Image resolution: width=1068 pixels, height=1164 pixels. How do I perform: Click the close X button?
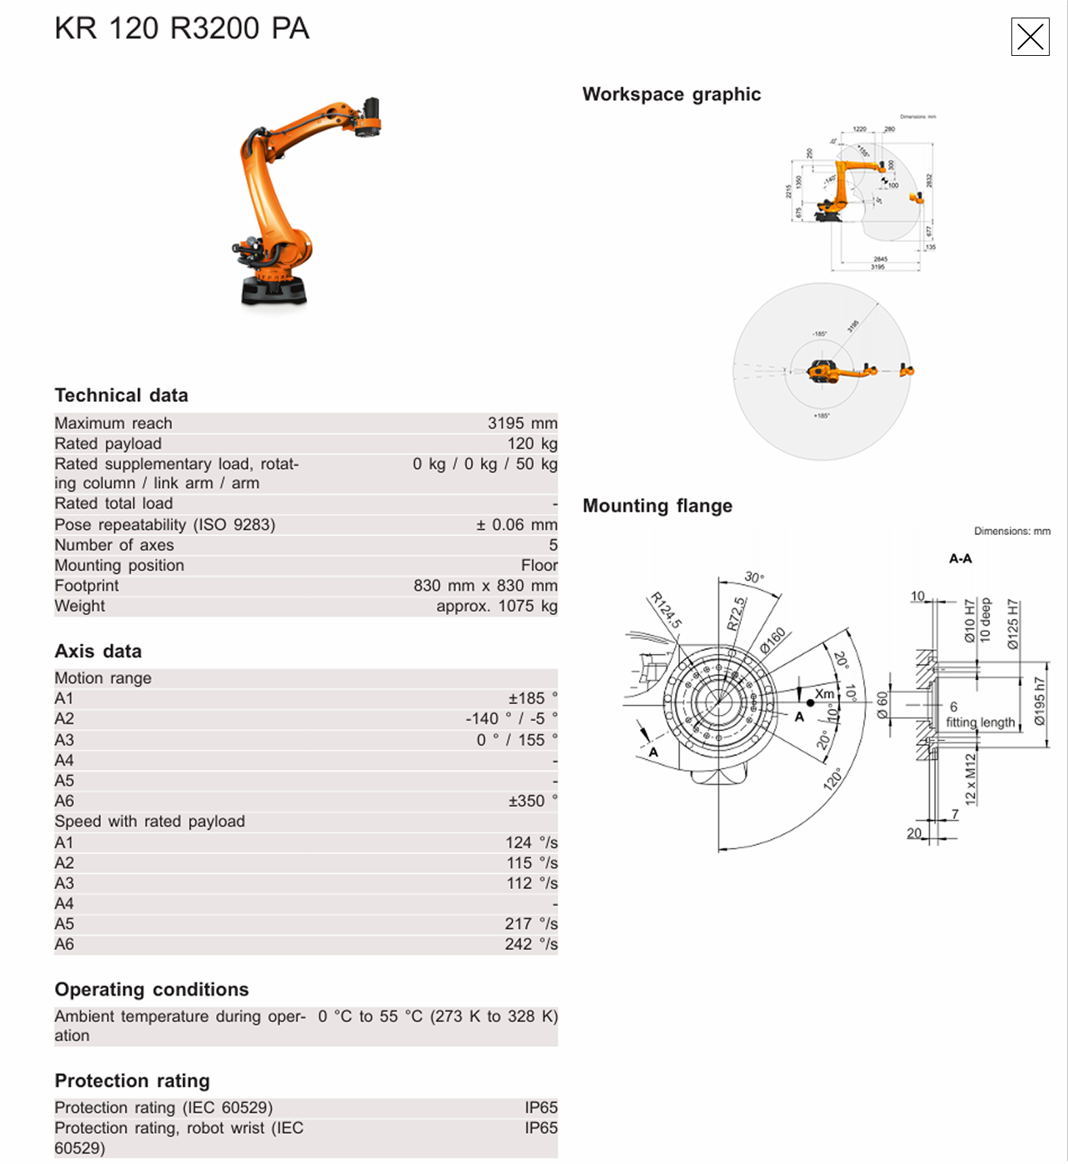point(1030,37)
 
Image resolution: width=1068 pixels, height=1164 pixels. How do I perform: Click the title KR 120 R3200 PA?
point(181,29)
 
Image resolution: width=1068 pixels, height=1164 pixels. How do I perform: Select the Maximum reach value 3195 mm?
point(522,423)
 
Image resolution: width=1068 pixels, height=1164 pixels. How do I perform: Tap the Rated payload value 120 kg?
point(532,444)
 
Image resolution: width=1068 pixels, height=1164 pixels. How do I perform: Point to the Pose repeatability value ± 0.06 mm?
point(516,525)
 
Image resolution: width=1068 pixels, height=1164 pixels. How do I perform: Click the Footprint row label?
point(87,586)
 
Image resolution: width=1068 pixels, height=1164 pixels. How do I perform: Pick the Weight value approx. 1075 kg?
point(497,606)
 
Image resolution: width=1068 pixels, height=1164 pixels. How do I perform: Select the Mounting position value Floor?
point(539,565)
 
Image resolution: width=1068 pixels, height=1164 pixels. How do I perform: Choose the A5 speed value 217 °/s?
point(530,924)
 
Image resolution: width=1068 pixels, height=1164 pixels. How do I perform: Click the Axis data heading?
point(98,651)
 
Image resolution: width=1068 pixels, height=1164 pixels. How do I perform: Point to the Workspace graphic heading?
point(671,94)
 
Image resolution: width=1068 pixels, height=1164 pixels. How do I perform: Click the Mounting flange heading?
point(657,506)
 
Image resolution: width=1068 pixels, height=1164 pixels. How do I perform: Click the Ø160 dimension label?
point(773,639)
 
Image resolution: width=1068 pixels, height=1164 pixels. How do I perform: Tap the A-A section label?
point(960,558)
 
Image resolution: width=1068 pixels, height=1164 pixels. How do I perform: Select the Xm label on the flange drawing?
point(824,694)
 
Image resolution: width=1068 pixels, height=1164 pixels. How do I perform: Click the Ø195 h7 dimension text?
point(1039,701)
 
